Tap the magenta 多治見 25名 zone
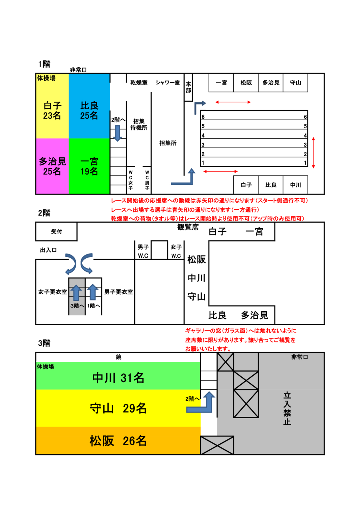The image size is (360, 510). point(52,166)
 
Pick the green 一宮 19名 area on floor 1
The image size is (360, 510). point(89,166)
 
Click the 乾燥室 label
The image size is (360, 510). point(139,83)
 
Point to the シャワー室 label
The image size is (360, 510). point(167,83)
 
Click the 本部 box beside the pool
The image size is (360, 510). point(188,87)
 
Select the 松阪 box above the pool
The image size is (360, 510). point(246,83)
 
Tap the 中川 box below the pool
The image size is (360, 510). point(296,185)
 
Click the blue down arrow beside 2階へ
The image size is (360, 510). point(117,133)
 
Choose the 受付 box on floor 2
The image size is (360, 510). point(56,231)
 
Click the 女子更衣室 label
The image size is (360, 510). point(52,292)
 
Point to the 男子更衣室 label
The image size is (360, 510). point(118,292)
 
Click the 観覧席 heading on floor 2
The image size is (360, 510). point(188,227)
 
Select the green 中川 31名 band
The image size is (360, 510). point(118,378)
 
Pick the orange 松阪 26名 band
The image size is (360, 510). point(118,441)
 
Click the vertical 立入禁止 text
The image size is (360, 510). point(287,408)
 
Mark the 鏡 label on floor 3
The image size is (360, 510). point(118,357)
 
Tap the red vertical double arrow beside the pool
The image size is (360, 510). point(313,153)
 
